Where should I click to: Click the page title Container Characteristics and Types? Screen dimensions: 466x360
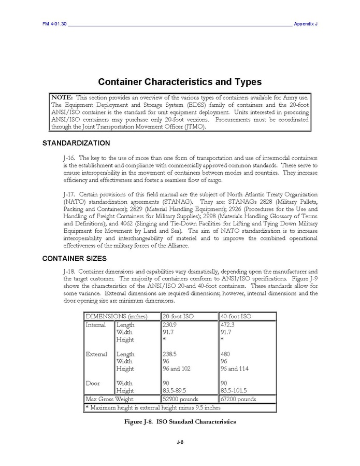pyautogui.click(x=180, y=82)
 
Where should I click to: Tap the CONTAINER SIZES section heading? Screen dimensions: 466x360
pyautogui.click(x=74, y=258)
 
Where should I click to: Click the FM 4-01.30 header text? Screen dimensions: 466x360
pyautogui.click(x=54, y=24)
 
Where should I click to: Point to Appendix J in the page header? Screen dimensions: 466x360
pyautogui.click(x=305, y=24)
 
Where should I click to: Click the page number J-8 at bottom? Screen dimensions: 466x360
pyautogui.click(x=180, y=442)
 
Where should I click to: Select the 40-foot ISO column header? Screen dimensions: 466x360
pyautogui.click(x=236, y=316)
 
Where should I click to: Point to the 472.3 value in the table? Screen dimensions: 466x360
pyautogui.click(x=228, y=325)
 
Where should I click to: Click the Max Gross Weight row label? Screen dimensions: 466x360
pyautogui.click(x=109, y=399)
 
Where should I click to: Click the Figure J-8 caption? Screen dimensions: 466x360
pyautogui.click(x=180, y=421)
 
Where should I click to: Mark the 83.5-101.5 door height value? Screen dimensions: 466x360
pyautogui.click(x=234, y=390)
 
